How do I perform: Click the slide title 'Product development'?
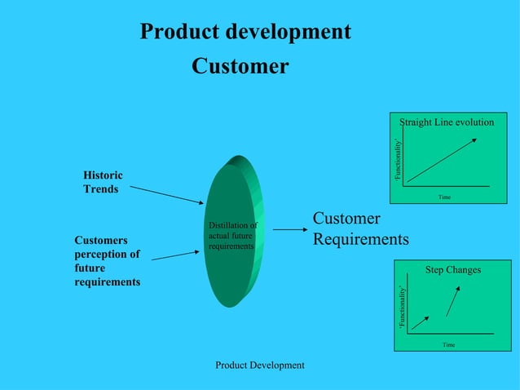click(245, 32)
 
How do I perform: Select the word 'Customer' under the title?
click(240, 66)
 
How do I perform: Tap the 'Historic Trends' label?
click(103, 182)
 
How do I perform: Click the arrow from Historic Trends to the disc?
click(166, 194)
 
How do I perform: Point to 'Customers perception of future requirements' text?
click(107, 261)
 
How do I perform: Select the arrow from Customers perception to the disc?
click(175, 255)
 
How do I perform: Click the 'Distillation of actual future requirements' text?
click(232, 235)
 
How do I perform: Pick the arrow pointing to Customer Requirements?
click(289, 230)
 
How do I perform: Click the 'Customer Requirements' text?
click(360, 229)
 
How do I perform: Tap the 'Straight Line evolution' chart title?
click(447, 122)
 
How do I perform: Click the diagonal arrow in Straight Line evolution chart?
click(442, 160)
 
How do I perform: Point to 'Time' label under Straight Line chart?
click(444, 197)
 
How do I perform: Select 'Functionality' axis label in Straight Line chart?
click(398, 160)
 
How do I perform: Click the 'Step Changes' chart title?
click(453, 270)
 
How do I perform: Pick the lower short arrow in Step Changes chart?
click(420, 322)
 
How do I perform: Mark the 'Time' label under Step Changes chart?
click(448, 345)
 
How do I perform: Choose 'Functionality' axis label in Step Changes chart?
click(402, 308)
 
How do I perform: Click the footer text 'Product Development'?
click(259, 366)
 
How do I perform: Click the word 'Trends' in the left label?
click(100, 189)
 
